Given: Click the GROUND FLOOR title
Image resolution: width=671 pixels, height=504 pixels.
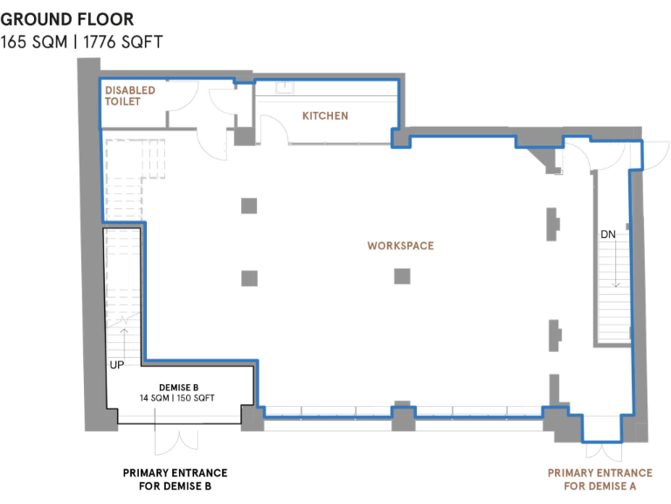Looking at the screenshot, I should (x=67, y=18).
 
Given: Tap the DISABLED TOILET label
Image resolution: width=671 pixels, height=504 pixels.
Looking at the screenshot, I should (x=130, y=95).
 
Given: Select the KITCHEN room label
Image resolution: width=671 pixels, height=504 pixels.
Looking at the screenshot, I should (x=325, y=115).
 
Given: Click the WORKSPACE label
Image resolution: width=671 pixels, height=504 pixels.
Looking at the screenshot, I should (x=400, y=246).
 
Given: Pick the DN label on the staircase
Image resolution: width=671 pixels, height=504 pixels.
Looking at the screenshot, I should (x=609, y=234).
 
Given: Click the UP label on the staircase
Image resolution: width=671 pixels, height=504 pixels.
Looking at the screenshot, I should (x=116, y=364).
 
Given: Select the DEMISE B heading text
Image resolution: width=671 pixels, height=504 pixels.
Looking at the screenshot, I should (x=181, y=387).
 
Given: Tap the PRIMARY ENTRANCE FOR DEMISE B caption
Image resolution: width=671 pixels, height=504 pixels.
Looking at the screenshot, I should (x=175, y=479).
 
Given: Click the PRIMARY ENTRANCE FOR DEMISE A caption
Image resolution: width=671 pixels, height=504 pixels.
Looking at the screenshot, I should (x=599, y=479).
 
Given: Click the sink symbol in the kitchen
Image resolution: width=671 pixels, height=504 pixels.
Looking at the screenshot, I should (x=284, y=87).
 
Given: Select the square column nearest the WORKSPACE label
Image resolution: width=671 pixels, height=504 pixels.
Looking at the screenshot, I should (x=402, y=276).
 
